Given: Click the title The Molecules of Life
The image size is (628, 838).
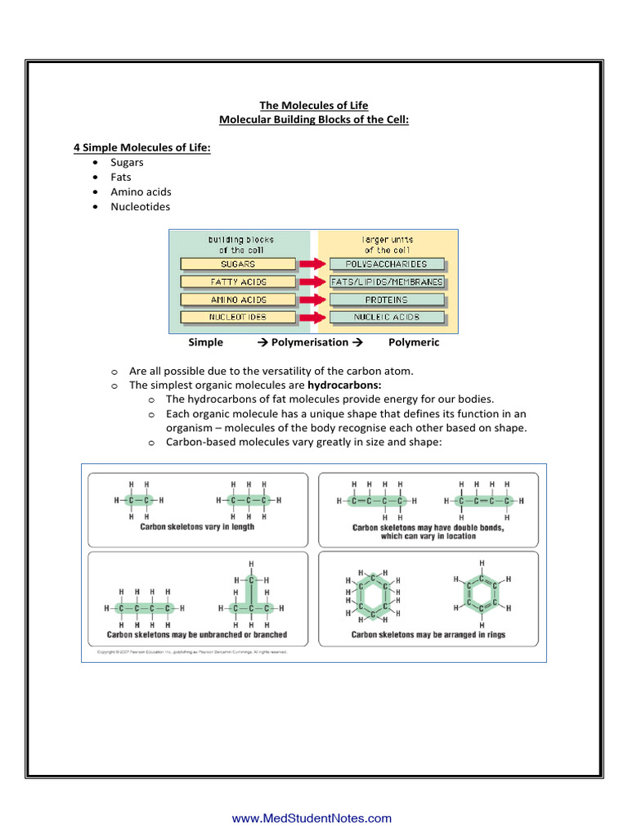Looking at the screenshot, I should click(314, 106).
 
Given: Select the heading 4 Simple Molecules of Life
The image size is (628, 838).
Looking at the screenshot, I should click(142, 147).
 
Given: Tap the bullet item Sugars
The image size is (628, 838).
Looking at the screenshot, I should click(128, 162).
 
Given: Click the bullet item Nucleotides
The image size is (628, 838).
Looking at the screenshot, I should click(141, 206).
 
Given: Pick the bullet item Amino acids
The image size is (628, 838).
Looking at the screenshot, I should click(141, 191).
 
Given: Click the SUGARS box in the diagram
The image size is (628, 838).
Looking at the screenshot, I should click(238, 264).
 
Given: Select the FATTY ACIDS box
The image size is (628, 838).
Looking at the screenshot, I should click(238, 282).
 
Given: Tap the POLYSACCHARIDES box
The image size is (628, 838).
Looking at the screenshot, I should click(388, 264).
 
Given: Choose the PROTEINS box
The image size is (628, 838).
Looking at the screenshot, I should click(388, 300).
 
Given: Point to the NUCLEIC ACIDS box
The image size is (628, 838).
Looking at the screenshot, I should click(388, 317).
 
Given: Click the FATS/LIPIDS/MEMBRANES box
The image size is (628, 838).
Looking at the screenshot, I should click(388, 282).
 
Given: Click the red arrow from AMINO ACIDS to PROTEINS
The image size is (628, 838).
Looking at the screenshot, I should click(312, 300).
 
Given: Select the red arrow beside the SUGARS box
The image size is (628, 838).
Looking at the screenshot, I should click(312, 264).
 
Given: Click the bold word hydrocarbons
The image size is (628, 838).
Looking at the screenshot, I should click(344, 384).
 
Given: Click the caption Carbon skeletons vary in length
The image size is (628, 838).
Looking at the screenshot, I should click(197, 527).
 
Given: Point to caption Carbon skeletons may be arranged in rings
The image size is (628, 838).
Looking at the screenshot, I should click(428, 634).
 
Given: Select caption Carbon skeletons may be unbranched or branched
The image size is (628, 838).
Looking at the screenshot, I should click(197, 634).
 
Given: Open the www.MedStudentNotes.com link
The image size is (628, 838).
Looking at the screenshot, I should click(312, 818).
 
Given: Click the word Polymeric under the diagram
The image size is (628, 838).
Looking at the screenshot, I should click(414, 342).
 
